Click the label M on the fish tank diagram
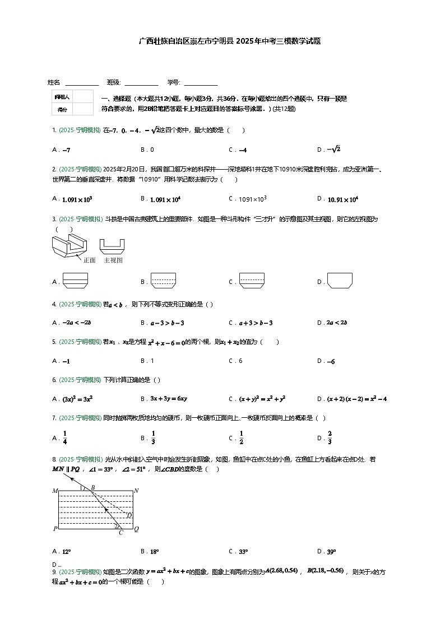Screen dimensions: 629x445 (x=55, y=491)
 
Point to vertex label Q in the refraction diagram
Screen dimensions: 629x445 (x=136, y=528)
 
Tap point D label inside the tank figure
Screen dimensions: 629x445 (x=129, y=515)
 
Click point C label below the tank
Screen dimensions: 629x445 (x=120, y=533)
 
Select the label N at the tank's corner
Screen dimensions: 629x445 (x=136, y=491)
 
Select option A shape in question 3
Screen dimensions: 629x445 (x=75, y=281)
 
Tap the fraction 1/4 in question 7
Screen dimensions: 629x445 (x=64, y=437)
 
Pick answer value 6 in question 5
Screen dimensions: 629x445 (x=240, y=361)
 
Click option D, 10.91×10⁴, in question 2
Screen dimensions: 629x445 (x=342, y=199)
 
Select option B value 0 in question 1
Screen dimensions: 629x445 (x=152, y=150)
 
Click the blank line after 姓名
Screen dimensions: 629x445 (x=82, y=83)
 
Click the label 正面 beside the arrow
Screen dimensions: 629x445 (x=89, y=260)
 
